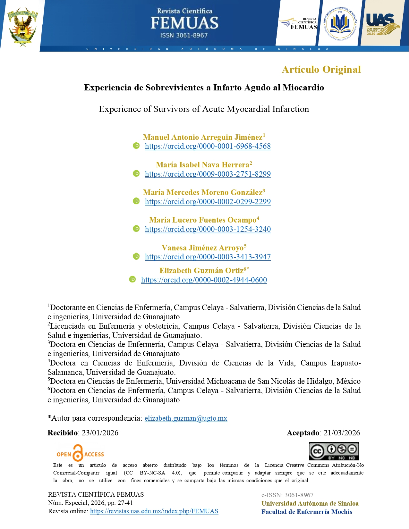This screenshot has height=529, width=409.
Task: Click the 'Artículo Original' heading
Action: [x=321, y=70]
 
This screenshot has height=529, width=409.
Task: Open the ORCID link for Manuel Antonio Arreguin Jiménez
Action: [x=208, y=146]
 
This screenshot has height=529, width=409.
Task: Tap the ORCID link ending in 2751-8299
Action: [x=208, y=174]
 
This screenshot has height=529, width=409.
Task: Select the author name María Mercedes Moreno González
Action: [x=203, y=192]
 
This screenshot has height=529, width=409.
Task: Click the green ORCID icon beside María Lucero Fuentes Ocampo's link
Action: [x=136, y=229]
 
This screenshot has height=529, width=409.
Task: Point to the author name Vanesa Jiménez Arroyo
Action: [x=202, y=248]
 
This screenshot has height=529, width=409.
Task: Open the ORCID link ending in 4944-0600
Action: [x=204, y=280]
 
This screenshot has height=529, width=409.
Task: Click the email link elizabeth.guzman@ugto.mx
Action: [x=186, y=418]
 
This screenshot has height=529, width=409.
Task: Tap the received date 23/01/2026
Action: [x=100, y=433]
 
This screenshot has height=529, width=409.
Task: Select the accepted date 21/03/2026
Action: [x=342, y=433]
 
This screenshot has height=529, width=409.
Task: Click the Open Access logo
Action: [x=80, y=453]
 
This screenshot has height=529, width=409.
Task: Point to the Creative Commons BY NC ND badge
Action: [x=334, y=451]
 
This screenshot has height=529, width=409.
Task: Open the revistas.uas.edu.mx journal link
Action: [x=154, y=511]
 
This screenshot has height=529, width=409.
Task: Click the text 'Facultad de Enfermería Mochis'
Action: [x=307, y=512]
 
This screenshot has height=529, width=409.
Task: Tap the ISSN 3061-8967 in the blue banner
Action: [x=184, y=35]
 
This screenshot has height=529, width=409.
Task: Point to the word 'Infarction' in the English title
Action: [x=291, y=109]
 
